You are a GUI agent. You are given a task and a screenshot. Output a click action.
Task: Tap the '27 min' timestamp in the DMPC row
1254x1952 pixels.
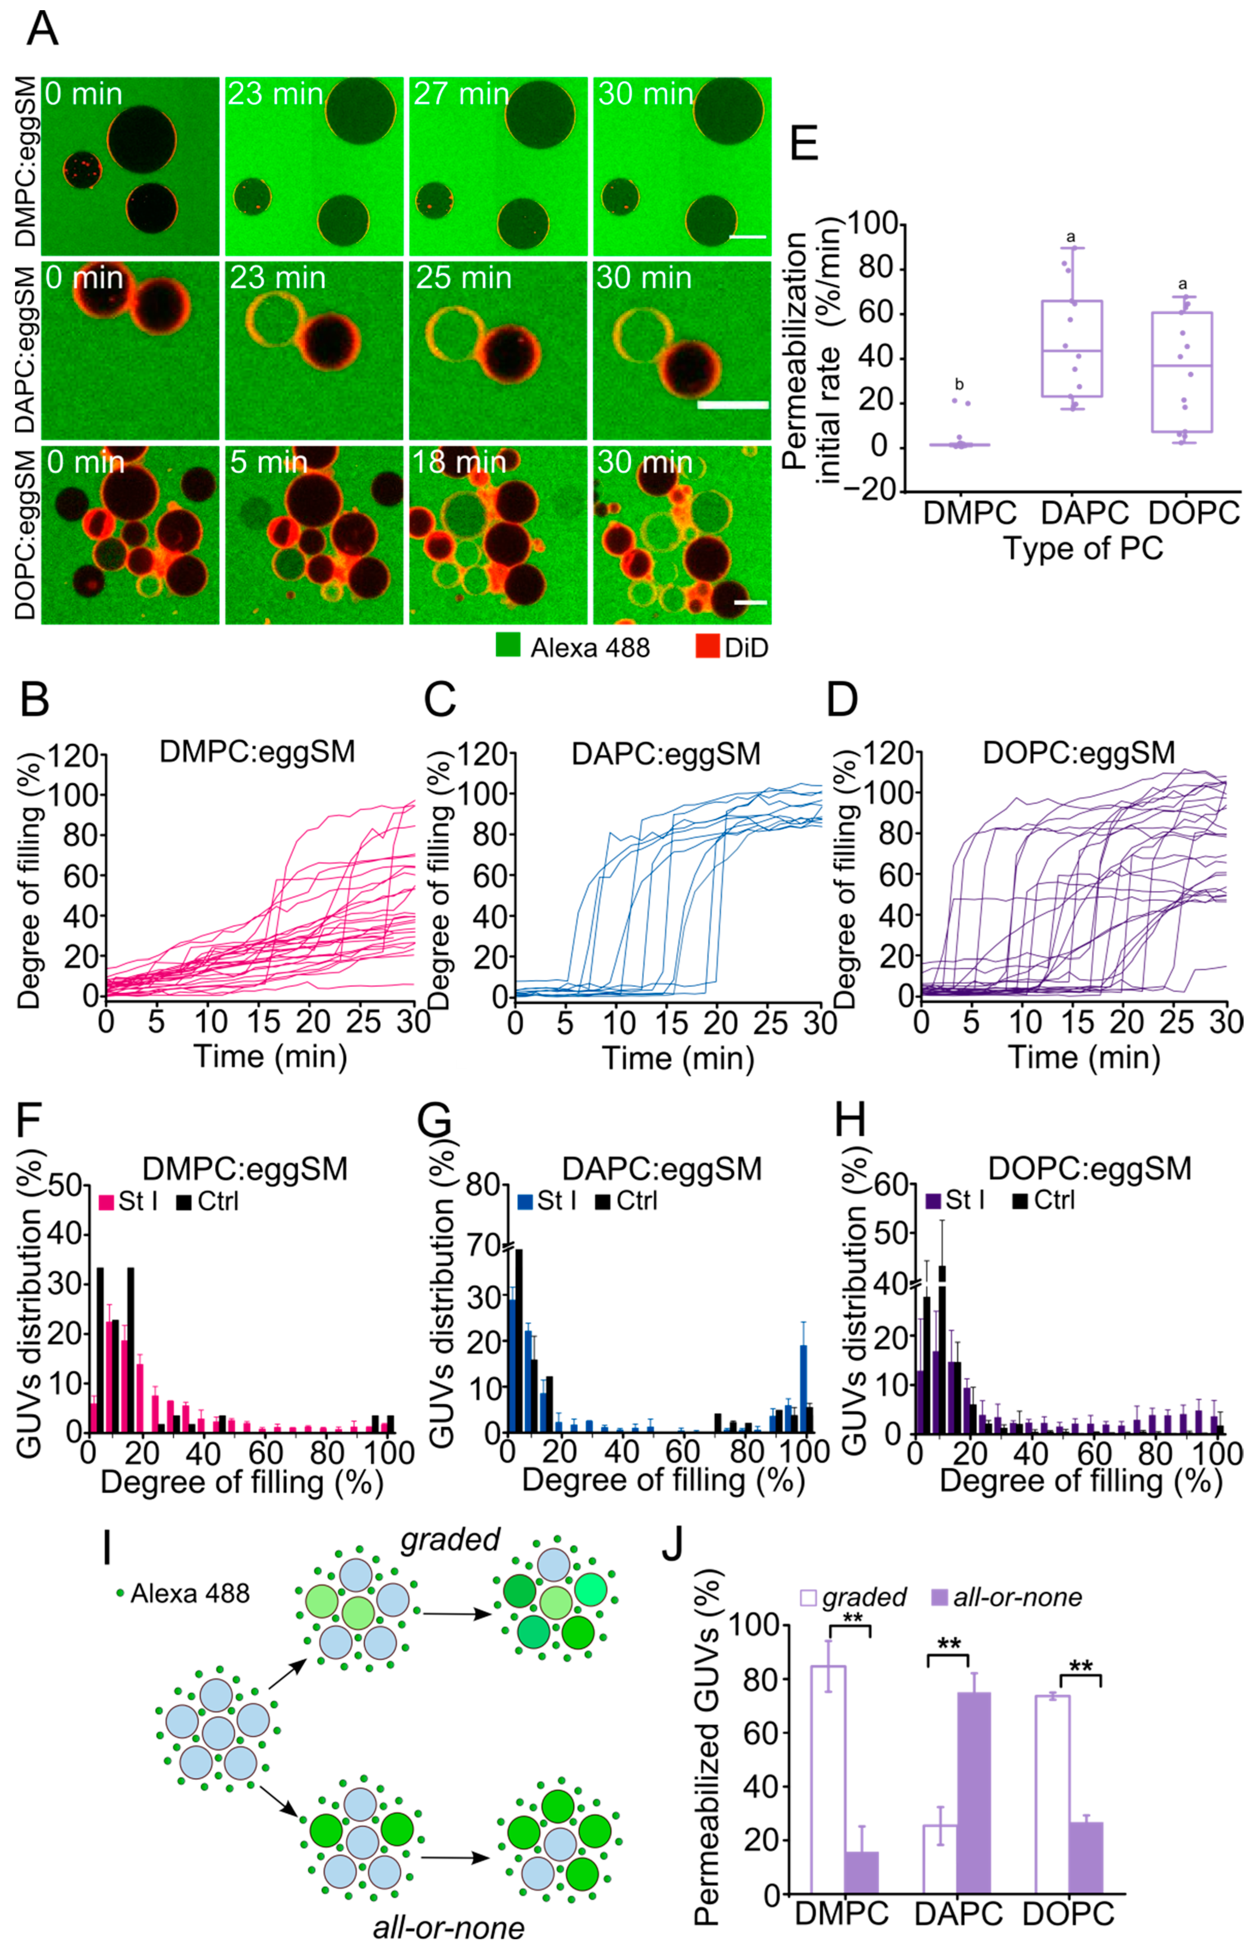[461, 94]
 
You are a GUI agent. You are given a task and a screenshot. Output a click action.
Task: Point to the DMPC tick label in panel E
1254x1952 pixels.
[970, 513]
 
